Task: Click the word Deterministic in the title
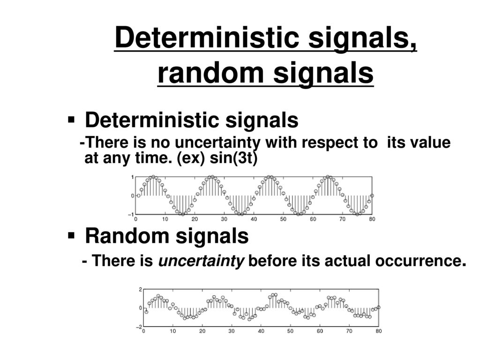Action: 207,37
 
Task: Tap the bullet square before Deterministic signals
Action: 71,120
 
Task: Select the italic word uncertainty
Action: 201,261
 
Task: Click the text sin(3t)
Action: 233,158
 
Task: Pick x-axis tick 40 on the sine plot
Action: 254,219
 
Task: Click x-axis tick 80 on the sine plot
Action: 372,219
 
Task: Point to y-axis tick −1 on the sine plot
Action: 131,215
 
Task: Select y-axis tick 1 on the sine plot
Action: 132,177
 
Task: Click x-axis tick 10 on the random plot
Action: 172,331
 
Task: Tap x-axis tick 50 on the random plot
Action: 291,331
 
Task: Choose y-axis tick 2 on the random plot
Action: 140,289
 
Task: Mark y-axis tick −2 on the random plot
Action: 139,327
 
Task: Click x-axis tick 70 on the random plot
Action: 349,331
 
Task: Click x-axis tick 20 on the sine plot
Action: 195,219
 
